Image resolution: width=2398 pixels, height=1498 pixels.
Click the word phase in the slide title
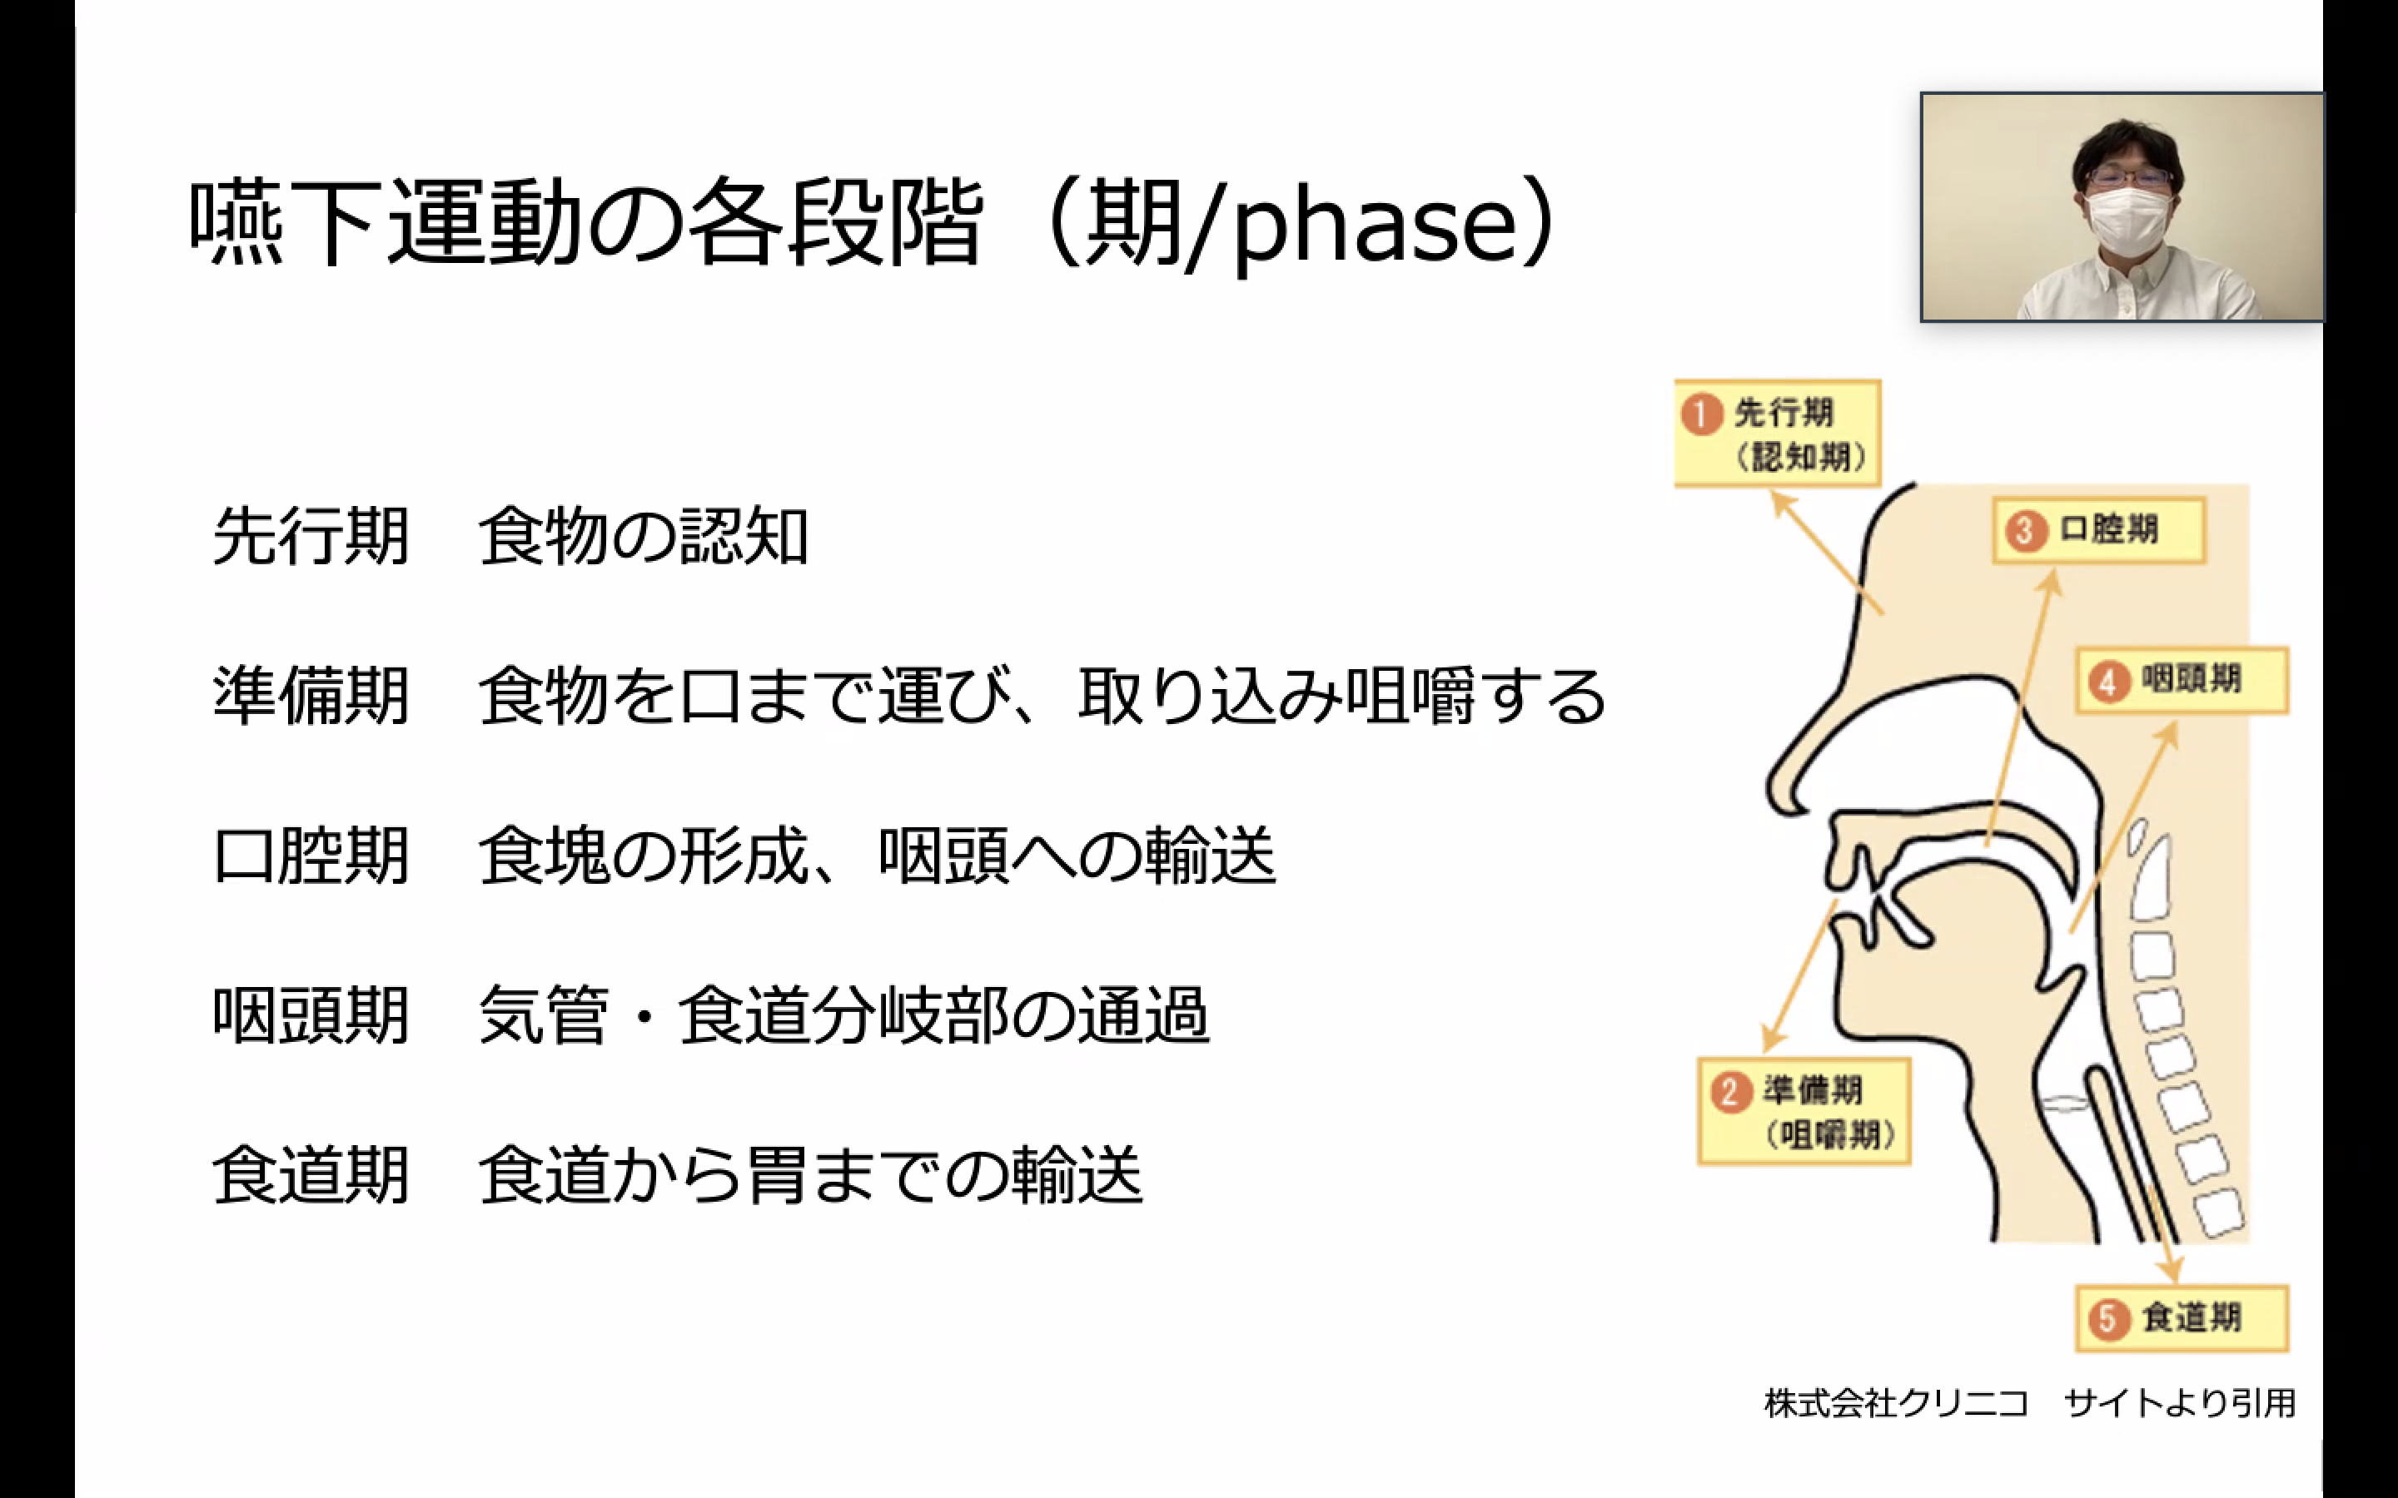(x=1375, y=224)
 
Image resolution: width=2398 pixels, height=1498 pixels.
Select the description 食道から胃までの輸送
(x=810, y=1175)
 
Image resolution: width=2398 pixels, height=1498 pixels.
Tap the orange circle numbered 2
(x=1730, y=1093)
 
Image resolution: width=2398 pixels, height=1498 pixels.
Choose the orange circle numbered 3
(x=2024, y=531)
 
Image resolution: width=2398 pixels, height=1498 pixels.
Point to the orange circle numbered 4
(x=2107, y=682)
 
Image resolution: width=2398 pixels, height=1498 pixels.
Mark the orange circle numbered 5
(x=2107, y=1319)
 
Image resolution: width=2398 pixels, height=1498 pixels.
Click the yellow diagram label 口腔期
(x=2100, y=531)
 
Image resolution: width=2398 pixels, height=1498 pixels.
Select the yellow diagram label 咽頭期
(x=2182, y=681)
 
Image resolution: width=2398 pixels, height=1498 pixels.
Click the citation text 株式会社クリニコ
(x=1897, y=1403)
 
